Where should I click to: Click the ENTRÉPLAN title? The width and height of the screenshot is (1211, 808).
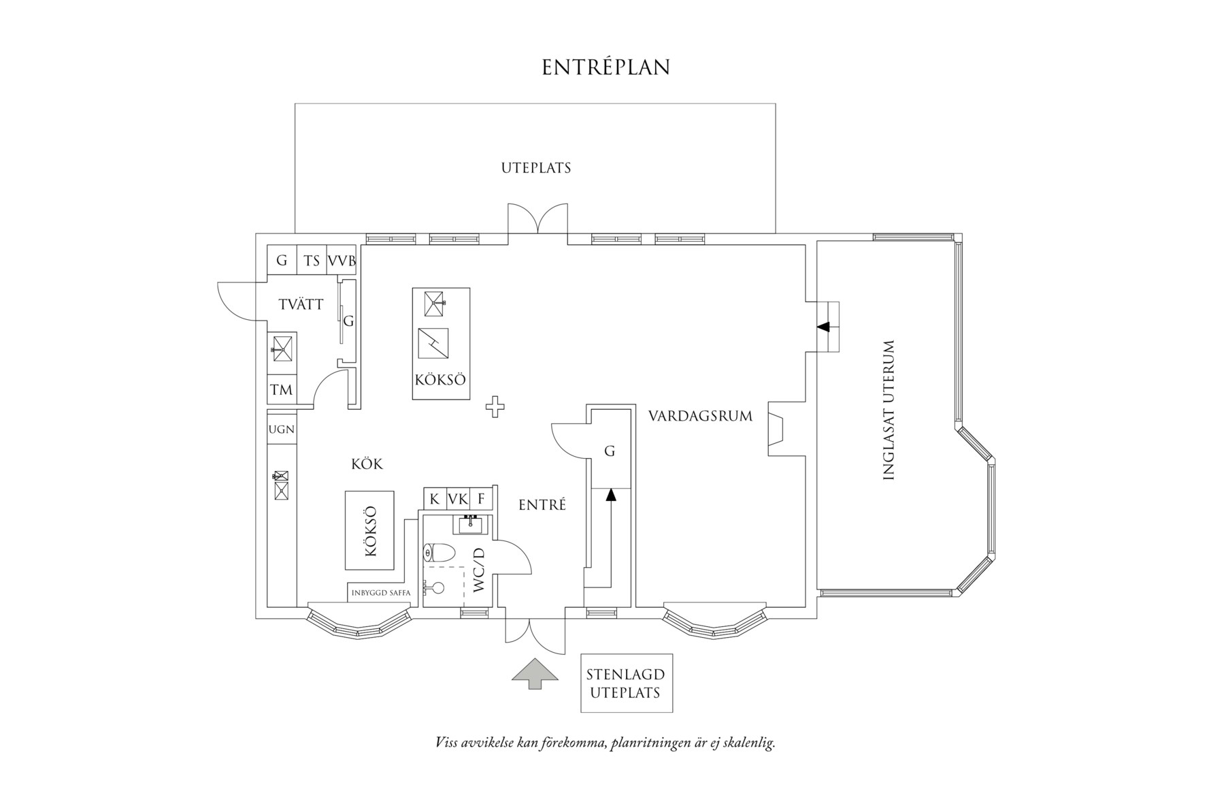pyautogui.click(x=605, y=67)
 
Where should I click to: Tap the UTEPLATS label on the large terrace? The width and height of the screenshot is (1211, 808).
pyautogui.click(x=535, y=167)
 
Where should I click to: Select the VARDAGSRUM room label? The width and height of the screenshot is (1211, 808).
pyautogui.click(x=700, y=415)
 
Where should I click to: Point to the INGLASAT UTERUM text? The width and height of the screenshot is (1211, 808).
pyautogui.click(x=888, y=410)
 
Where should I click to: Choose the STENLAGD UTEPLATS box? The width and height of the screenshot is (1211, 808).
pyautogui.click(x=626, y=683)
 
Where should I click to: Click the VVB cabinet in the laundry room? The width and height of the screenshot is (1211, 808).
pyautogui.click(x=342, y=261)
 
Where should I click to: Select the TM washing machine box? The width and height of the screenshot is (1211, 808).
pyautogui.click(x=281, y=390)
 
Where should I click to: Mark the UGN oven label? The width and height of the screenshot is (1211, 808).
pyautogui.click(x=281, y=429)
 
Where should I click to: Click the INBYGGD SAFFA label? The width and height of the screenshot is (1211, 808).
pyautogui.click(x=381, y=593)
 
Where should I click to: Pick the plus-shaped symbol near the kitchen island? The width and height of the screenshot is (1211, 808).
pyautogui.click(x=495, y=407)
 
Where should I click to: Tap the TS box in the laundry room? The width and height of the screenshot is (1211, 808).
pyautogui.click(x=312, y=261)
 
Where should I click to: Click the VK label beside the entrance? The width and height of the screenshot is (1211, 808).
pyautogui.click(x=458, y=499)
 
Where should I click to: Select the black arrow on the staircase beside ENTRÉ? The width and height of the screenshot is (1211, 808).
pyautogui.click(x=610, y=496)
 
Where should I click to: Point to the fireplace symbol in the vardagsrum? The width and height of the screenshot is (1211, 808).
pyautogui.click(x=776, y=428)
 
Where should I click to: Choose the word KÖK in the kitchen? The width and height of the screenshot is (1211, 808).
pyautogui.click(x=367, y=464)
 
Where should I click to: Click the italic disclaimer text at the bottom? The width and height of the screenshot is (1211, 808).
pyautogui.click(x=605, y=742)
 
